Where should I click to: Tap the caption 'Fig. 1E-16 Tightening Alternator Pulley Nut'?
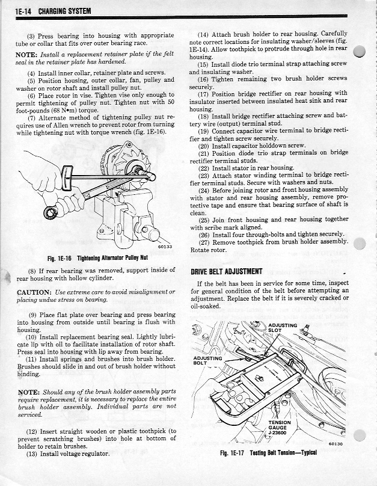coord(98,258)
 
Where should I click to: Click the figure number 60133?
coord(165,247)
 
